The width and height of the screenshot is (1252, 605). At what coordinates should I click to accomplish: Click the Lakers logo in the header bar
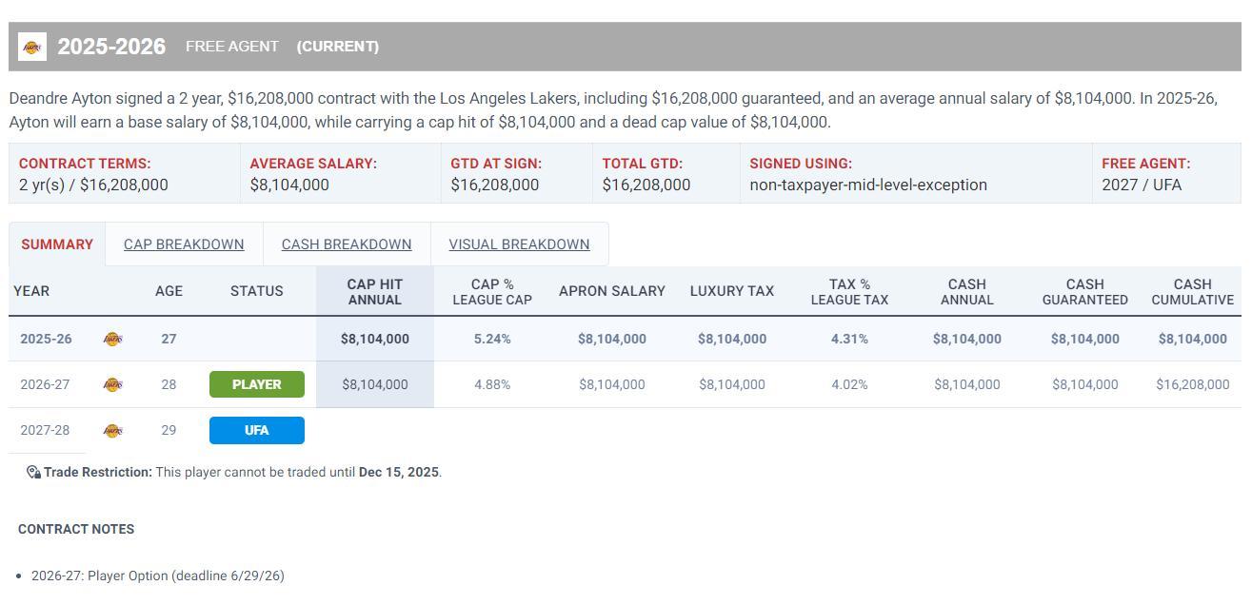(x=32, y=47)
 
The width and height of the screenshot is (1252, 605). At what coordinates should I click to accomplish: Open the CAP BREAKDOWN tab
(x=184, y=244)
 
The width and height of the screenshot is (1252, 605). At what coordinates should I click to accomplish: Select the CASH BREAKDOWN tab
(x=347, y=244)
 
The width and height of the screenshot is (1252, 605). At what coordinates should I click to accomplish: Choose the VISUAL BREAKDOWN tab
(x=519, y=244)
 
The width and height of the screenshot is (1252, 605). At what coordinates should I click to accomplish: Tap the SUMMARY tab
(x=57, y=244)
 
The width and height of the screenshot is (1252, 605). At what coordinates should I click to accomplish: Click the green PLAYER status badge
(x=257, y=384)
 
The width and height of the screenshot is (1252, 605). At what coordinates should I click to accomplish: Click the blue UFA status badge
(x=257, y=430)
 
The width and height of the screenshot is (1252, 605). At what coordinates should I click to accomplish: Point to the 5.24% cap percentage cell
(x=492, y=339)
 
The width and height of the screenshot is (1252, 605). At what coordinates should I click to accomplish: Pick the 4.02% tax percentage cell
(x=849, y=384)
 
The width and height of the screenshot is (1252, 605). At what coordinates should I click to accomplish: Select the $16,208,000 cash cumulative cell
(x=1192, y=384)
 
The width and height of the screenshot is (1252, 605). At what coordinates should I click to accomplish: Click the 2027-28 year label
(x=45, y=430)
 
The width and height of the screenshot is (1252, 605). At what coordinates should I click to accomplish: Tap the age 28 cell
(x=169, y=384)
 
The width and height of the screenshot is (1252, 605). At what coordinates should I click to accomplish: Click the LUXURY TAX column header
(x=731, y=291)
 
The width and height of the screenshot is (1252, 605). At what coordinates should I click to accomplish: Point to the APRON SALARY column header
(x=611, y=291)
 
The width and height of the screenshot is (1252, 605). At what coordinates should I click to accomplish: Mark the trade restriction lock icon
(x=33, y=472)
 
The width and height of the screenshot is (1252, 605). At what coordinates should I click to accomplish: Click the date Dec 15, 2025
(x=399, y=472)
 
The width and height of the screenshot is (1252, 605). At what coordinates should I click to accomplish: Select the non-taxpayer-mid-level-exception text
(x=868, y=185)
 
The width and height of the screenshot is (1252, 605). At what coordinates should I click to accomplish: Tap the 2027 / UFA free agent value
(x=1142, y=185)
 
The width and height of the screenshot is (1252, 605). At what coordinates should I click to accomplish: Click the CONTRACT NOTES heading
(x=76, y=529)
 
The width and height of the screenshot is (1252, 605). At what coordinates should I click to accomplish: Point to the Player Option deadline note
(x=158, y=576)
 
